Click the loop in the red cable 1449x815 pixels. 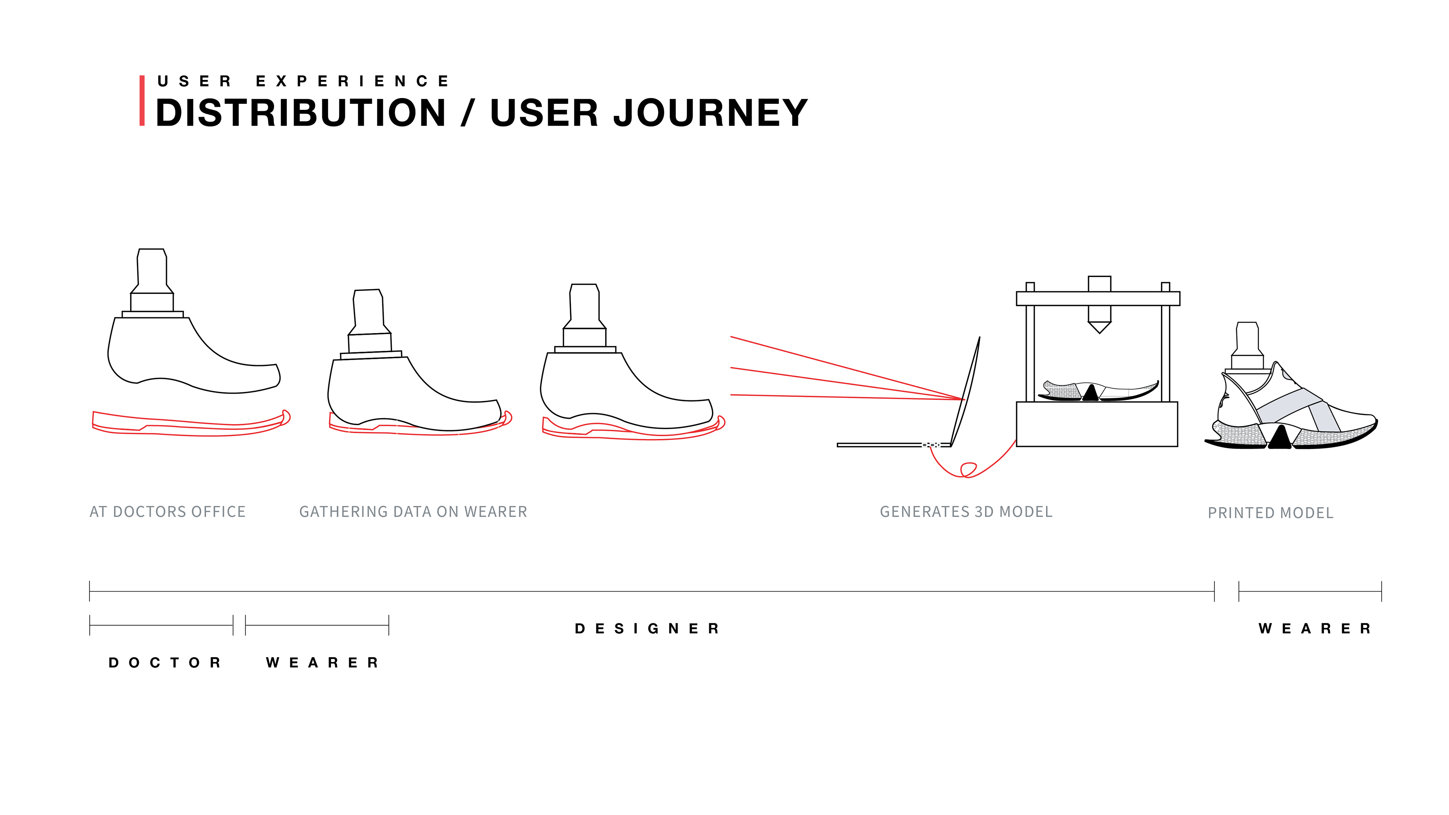click(968, 469)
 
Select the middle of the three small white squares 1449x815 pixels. click(932, 445)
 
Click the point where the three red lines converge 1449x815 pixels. click(963, 399)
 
